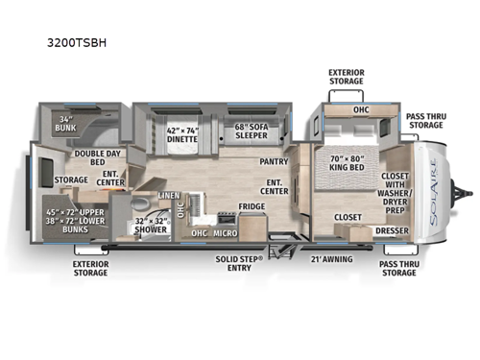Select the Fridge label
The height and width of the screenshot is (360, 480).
point(252,206)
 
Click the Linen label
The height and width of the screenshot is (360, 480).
point(169,196)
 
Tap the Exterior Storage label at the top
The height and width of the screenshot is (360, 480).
point(345,76)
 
